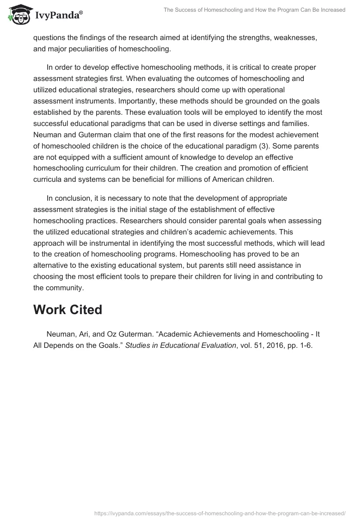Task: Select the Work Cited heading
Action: pos(67,310)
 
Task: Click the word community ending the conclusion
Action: pos(65,287)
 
